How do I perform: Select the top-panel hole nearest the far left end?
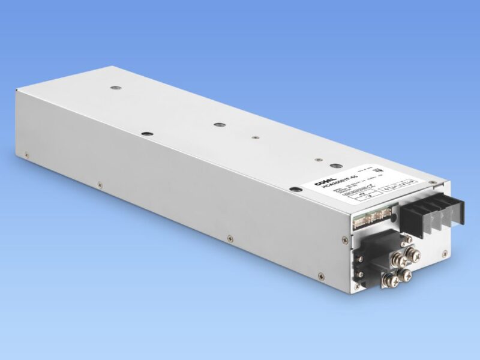pos(116,88)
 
